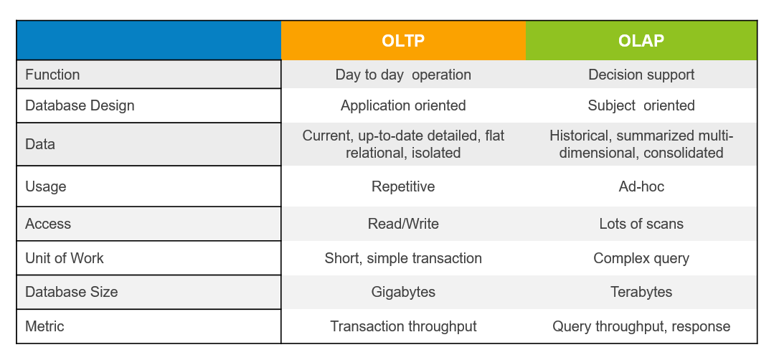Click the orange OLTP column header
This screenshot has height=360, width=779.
click(x=403, y=41)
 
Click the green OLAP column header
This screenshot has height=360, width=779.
click(x=641, y=41)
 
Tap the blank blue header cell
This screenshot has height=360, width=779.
click(x=148, y=41)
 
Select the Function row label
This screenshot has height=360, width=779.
click(x=52, y=75)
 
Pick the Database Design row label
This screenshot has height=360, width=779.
click(x=80, y=105)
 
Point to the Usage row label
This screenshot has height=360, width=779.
click(x=45, y=186)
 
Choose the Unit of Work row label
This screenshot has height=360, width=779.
click(x=65, y=258)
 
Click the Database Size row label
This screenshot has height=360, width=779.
click(x=71, y=292)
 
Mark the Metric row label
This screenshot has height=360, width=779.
click(x=44, y=326)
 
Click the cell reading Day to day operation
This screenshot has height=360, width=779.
click(x=403, y=75)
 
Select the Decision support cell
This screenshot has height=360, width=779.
click(x=641, y=75)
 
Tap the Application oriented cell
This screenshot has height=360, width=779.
click(x=403, y=105)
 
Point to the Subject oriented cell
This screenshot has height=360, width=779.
click(x=641, y=105)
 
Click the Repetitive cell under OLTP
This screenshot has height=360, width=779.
click(x=403, y=186)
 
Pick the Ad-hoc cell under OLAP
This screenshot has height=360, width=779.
click(x=641, y=186)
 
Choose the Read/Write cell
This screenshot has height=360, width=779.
click(x=403, y=224)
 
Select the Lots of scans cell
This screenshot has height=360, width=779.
click(x=641, y=224)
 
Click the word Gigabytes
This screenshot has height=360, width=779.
click(x=403, y=292)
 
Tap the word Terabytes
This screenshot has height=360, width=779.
click(x=641, y=292)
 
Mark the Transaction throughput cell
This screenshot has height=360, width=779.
click(x=403, y=326)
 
